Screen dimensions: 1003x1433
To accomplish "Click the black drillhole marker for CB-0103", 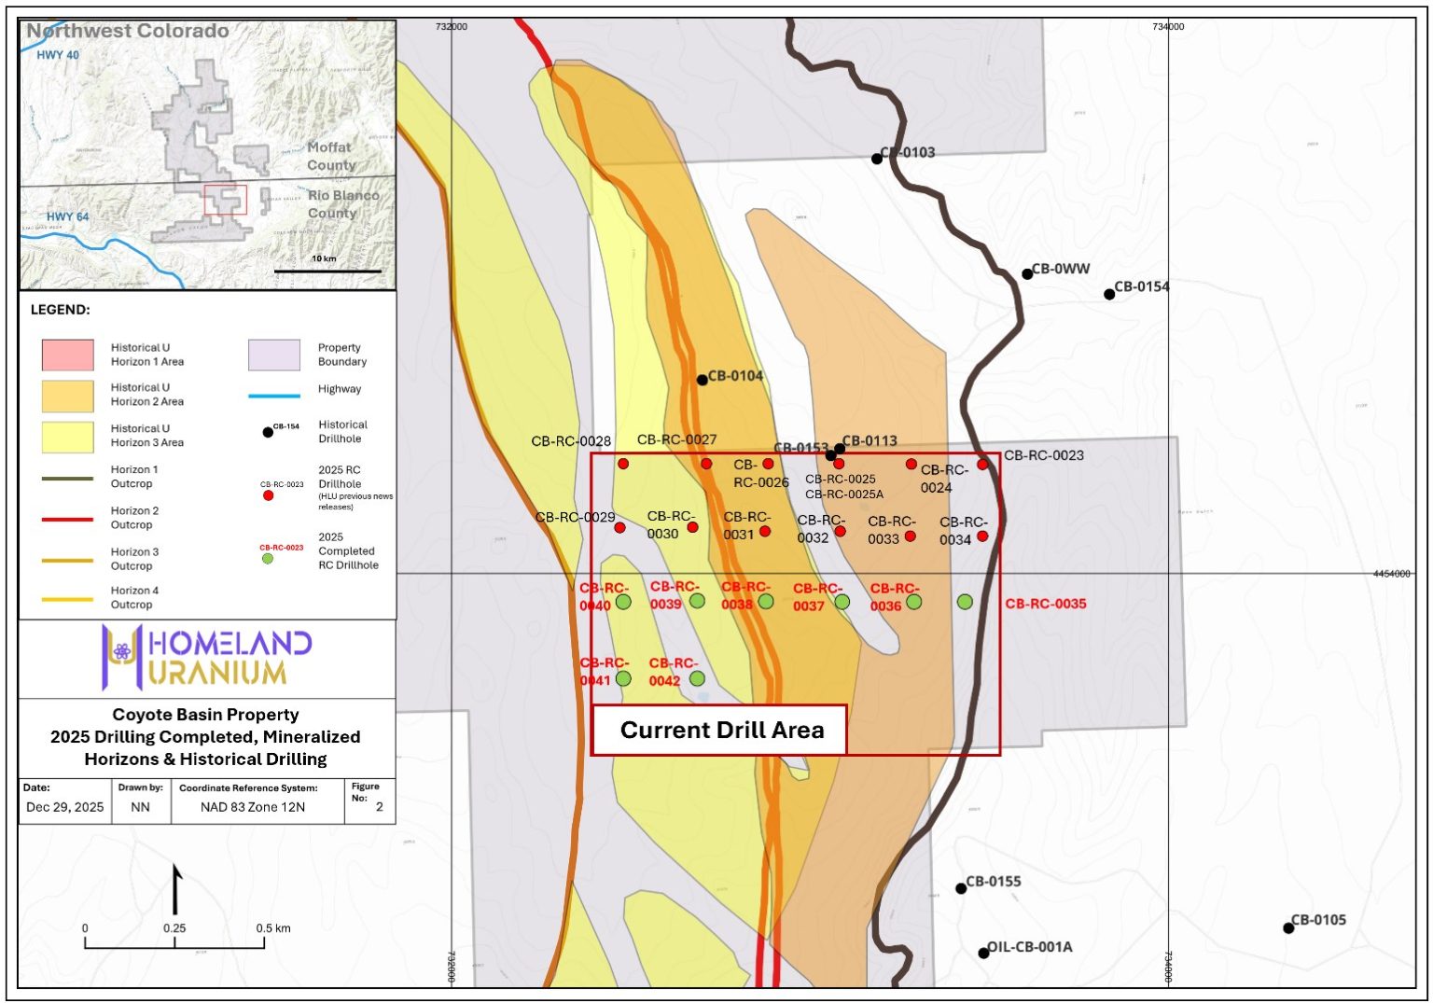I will point(877,159).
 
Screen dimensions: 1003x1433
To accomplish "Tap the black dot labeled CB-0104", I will point(703,380).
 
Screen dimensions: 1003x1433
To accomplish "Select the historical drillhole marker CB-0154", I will point(1109,294).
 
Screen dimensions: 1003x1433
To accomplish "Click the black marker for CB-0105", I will point(1288,927).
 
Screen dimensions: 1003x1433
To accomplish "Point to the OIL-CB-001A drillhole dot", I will point(983,953).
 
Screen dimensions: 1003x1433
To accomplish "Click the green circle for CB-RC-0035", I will point(965,602).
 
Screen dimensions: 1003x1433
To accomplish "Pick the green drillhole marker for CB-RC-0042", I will point(697,678).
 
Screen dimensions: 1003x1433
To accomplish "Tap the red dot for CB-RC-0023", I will point(982,464).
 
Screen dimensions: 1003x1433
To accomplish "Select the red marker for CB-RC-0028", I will point(623,464).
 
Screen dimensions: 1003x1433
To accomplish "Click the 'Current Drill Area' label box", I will point(721,730).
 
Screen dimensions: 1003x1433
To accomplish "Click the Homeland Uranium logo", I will point(207,658).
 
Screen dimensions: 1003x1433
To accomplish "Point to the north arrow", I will point(175,889).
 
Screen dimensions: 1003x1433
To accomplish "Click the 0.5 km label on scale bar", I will point(272,928).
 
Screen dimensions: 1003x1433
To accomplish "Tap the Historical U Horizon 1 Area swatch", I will point(67,355).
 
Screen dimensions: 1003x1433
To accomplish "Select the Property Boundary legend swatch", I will point(274,355).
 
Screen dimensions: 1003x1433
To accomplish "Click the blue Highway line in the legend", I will point(274,396).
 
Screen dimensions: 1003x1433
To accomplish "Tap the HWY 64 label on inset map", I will point(67,216).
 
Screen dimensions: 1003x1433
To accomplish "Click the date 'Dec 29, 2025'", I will point(64,807).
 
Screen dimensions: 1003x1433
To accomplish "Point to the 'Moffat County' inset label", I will point(331,156).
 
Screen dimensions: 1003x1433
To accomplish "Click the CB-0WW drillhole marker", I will point(1027,273).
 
